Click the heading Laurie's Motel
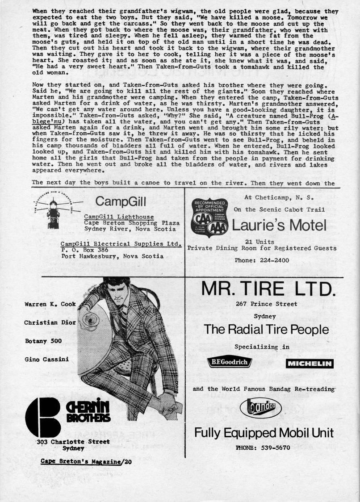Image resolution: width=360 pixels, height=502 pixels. (279, 226)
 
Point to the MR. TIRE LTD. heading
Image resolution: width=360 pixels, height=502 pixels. (267, 289)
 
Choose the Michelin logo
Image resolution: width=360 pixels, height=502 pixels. (309, 364)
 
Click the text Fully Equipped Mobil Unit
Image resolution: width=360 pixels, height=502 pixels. (264, 432)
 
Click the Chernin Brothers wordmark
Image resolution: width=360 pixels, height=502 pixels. (88, 412)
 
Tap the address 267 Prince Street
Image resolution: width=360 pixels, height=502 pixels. (267, 304)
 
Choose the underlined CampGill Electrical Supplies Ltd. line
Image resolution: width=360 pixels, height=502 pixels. (121, 244)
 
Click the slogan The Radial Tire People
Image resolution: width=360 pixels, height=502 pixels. (266, 330)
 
